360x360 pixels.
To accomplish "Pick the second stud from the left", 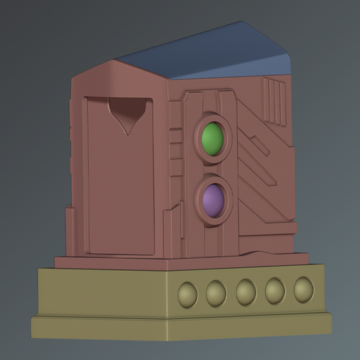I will [x=216, y=294].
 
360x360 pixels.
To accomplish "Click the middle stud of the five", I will [x=246, y=292].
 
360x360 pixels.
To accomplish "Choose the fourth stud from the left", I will [x=275, y=290].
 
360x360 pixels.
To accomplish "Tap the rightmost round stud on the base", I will [x=303, y=289].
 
